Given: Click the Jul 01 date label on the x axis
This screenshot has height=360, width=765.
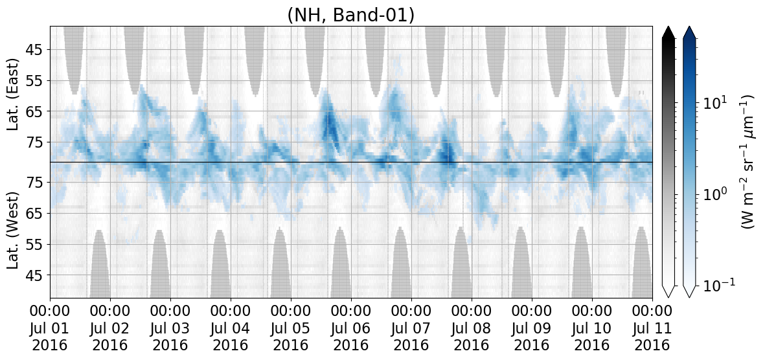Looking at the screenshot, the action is tap(51, 328).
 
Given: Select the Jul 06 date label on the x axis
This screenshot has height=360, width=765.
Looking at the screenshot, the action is tap(351, 328).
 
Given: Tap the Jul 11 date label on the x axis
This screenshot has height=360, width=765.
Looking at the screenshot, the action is tap(652, 328).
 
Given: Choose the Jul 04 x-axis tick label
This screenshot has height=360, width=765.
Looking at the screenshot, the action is tap(231, 328).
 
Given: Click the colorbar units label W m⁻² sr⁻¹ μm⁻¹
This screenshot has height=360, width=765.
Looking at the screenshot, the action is tap(748, 161).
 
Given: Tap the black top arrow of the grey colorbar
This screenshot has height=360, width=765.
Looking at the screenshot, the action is tap(668, 32).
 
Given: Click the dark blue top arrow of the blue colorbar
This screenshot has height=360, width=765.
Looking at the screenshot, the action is tap(689, 32).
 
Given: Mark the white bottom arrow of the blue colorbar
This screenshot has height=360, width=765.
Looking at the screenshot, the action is tap(689, 291).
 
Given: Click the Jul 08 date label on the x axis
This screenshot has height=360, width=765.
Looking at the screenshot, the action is tap(472, 328).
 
